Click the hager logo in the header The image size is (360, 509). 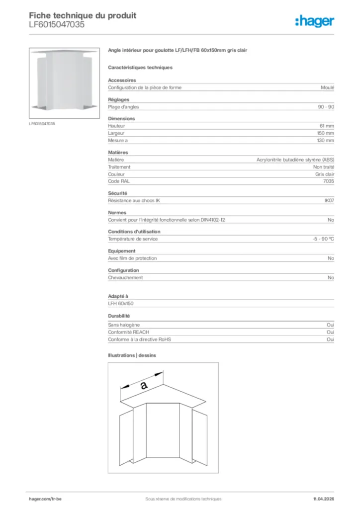[315, 21]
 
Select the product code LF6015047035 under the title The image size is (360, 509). [53, 24]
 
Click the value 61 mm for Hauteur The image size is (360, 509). [327, 126]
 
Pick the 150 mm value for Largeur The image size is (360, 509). [326, 133]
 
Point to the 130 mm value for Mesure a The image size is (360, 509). [326, 141]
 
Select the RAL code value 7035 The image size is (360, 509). [329, 181]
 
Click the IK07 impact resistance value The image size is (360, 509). [329, 201]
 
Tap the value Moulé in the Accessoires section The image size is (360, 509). [328, 87]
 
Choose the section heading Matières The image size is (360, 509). [118, 153]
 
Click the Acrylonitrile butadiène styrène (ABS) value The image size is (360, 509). [295, 160]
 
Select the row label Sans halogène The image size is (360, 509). [124, 325]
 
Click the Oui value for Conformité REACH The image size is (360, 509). [330, 332]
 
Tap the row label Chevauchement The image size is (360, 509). [125, 278]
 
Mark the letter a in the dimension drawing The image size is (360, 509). [144, 384]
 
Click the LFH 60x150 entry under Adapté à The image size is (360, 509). [121, 303]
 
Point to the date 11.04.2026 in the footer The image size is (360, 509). [323, 499]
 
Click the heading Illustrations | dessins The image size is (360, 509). [132, 355]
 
